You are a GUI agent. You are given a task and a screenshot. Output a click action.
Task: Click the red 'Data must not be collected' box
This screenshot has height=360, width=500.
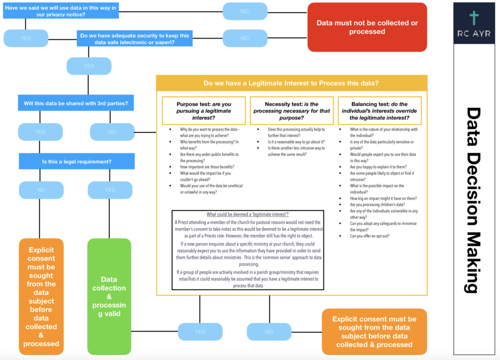[367, 27]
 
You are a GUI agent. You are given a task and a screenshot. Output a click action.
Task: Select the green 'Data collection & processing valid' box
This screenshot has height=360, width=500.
[109, 296]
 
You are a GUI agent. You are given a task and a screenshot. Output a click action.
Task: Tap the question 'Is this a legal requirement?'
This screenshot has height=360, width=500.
[77, 161]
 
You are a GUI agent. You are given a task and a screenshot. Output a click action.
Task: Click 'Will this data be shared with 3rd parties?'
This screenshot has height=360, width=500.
[77, 104]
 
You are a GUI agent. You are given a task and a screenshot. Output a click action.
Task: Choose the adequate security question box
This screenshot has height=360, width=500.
[134, 39]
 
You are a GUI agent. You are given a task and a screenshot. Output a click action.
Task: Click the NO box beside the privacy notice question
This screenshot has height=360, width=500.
[245, 11]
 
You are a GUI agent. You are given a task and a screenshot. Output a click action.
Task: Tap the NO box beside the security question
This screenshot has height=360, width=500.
[245, 38]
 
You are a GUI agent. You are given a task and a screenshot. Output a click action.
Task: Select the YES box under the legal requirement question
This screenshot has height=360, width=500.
[110, 190]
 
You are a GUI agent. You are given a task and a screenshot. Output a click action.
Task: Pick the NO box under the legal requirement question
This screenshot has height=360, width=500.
[41, 190]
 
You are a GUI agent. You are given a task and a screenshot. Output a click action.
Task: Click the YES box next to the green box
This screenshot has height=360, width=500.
[200, 332]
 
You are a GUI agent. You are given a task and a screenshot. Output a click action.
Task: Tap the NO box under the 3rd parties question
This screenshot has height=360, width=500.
[112, 132]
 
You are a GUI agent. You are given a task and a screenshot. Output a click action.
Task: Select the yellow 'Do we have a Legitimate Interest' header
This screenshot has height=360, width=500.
[292, 83]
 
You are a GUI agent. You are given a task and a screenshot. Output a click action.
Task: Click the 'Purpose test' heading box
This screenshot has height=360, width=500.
[204, 111]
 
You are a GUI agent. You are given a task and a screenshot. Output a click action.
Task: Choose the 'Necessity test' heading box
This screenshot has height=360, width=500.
[292, 111]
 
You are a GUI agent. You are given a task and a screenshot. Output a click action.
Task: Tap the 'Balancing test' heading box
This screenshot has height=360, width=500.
[379, 111]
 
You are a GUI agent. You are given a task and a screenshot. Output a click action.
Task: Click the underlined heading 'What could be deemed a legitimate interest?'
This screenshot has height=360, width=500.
[248, 214]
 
